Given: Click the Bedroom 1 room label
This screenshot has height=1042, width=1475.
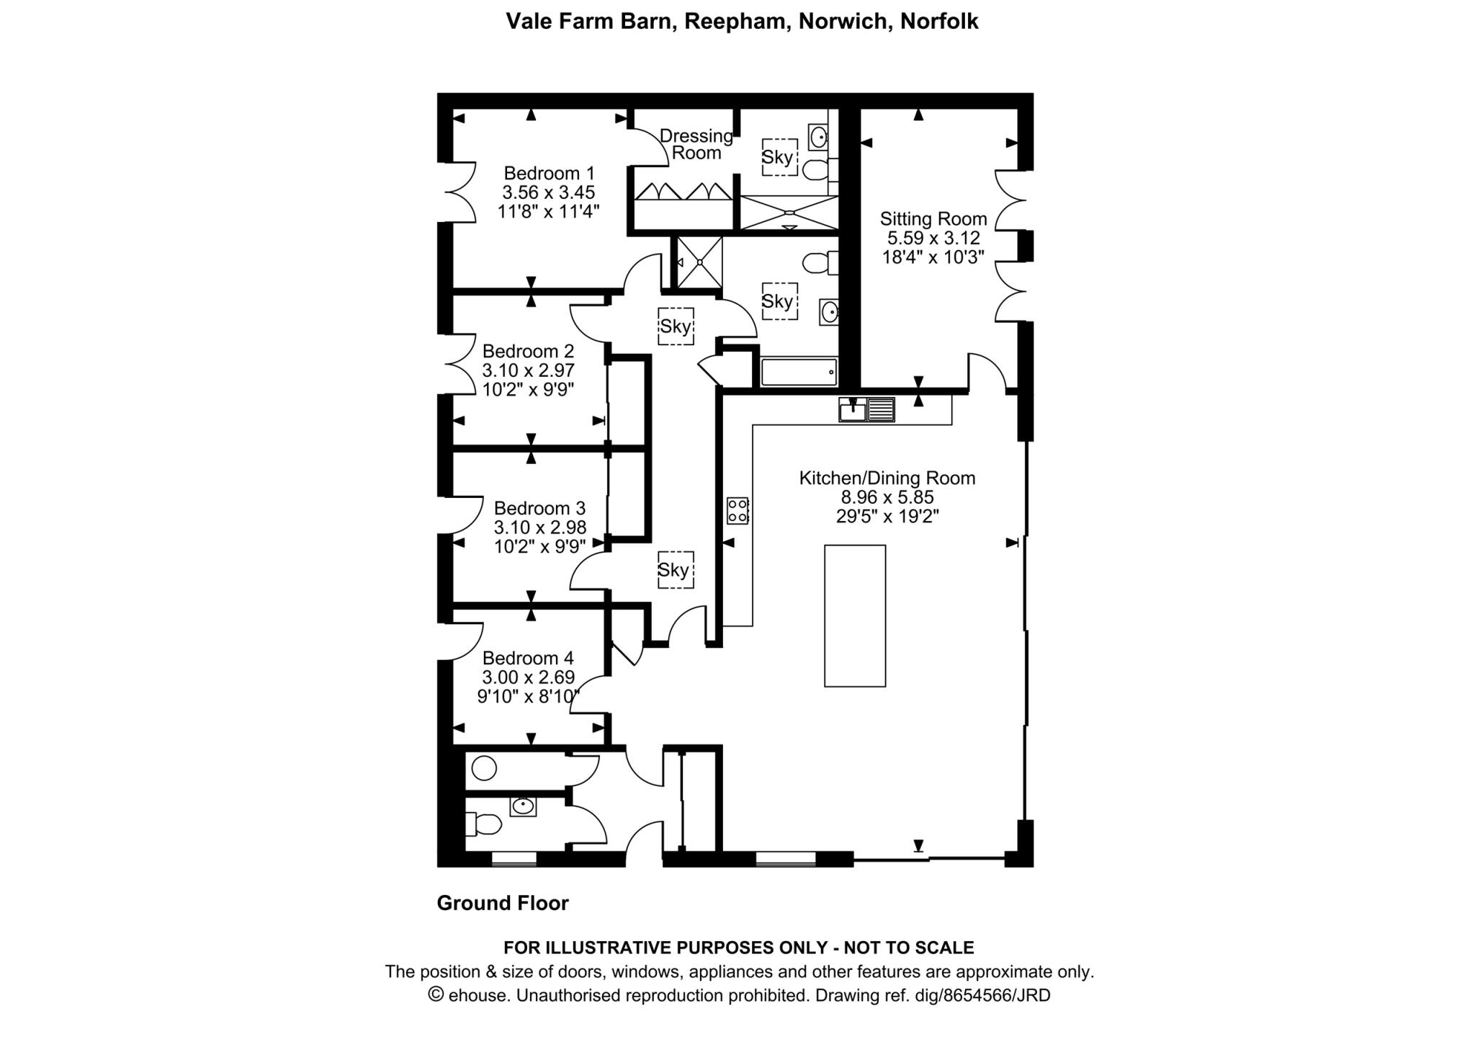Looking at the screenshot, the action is click(549, 174).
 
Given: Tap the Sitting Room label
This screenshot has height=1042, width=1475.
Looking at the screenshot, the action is click(933, 219).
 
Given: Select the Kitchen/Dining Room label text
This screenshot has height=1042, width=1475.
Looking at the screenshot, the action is click(887, 478).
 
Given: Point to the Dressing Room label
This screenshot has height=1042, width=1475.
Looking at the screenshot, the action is click(696, 144).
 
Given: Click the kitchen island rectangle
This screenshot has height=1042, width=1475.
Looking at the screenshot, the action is click(855, 616).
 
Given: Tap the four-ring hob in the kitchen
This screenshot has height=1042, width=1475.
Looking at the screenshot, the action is click(738, 510).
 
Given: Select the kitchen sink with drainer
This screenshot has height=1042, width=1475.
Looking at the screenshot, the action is click(866, 409).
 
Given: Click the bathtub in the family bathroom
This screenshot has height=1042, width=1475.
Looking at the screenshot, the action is click(799, 373).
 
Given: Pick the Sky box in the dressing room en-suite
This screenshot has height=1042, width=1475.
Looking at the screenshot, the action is click(779, 157).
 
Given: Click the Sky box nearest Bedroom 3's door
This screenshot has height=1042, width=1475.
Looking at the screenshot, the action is click(675, 570).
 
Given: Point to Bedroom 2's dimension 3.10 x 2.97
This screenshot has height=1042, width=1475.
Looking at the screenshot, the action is click(529, 370).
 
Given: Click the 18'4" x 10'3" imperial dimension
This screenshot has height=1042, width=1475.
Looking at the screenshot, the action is click(933, 257).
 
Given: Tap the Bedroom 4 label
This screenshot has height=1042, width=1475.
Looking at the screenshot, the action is click(528, 658).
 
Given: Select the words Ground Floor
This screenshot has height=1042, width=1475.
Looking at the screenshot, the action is click(503, 904).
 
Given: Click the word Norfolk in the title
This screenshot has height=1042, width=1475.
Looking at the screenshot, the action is click(939, 22).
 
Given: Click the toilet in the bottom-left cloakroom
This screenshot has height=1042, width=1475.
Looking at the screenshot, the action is click(483, 823).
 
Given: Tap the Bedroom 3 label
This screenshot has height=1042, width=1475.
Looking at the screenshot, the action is click(539, 508).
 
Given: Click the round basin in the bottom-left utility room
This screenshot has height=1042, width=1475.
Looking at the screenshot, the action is click(485, 768).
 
